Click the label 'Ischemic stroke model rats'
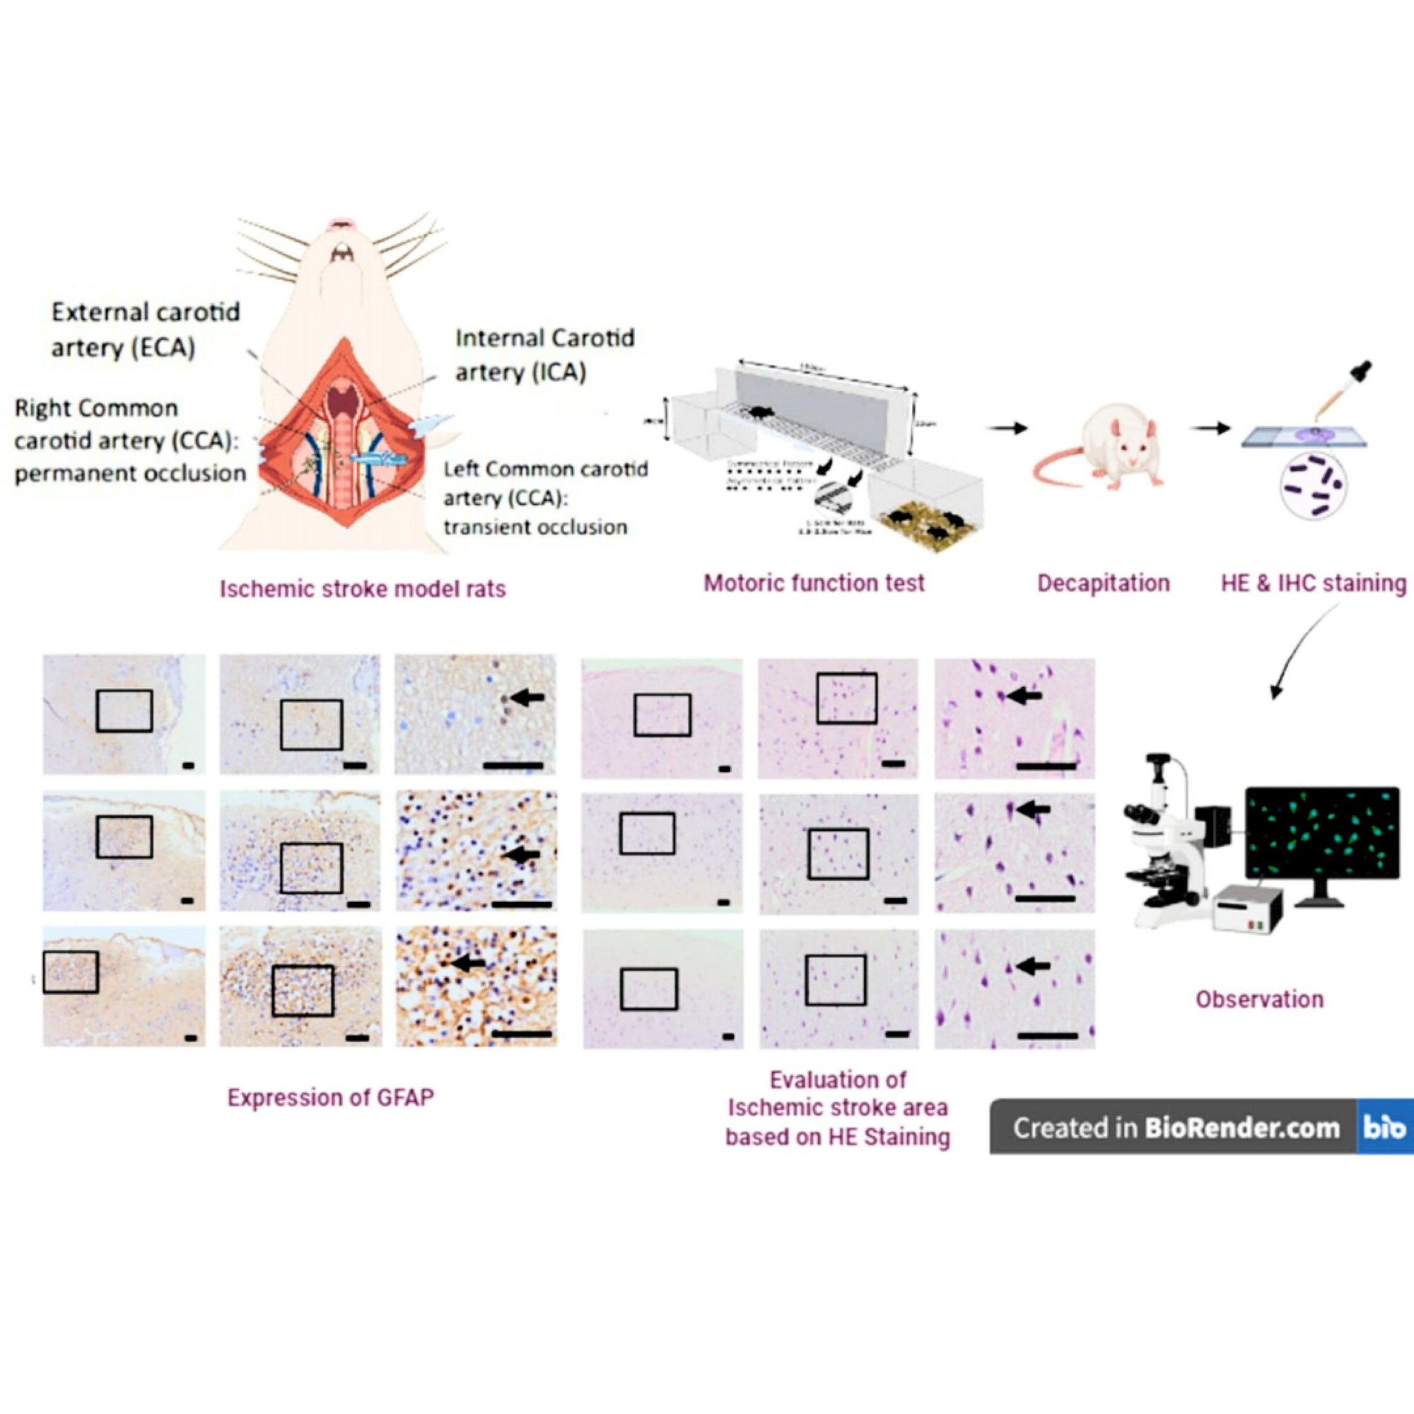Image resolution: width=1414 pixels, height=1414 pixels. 362,589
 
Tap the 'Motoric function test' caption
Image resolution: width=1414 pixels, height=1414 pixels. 814,583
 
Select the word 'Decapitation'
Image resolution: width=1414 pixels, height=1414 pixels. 1103,583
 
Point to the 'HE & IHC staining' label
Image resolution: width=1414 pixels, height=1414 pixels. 1313,583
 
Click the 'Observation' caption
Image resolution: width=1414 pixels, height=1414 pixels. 1259,999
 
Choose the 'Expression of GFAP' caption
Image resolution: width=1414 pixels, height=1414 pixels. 330,1097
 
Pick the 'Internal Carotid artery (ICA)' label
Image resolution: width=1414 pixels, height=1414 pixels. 544,355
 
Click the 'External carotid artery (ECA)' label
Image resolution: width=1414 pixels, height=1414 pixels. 145,329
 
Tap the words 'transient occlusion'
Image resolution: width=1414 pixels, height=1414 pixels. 535,527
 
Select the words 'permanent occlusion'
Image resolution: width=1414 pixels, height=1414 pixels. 130,474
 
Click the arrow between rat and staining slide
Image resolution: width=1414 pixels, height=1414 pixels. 1210,428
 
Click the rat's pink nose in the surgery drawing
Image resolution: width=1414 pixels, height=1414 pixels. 341,223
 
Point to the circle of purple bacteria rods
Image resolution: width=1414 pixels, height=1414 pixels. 1314,486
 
